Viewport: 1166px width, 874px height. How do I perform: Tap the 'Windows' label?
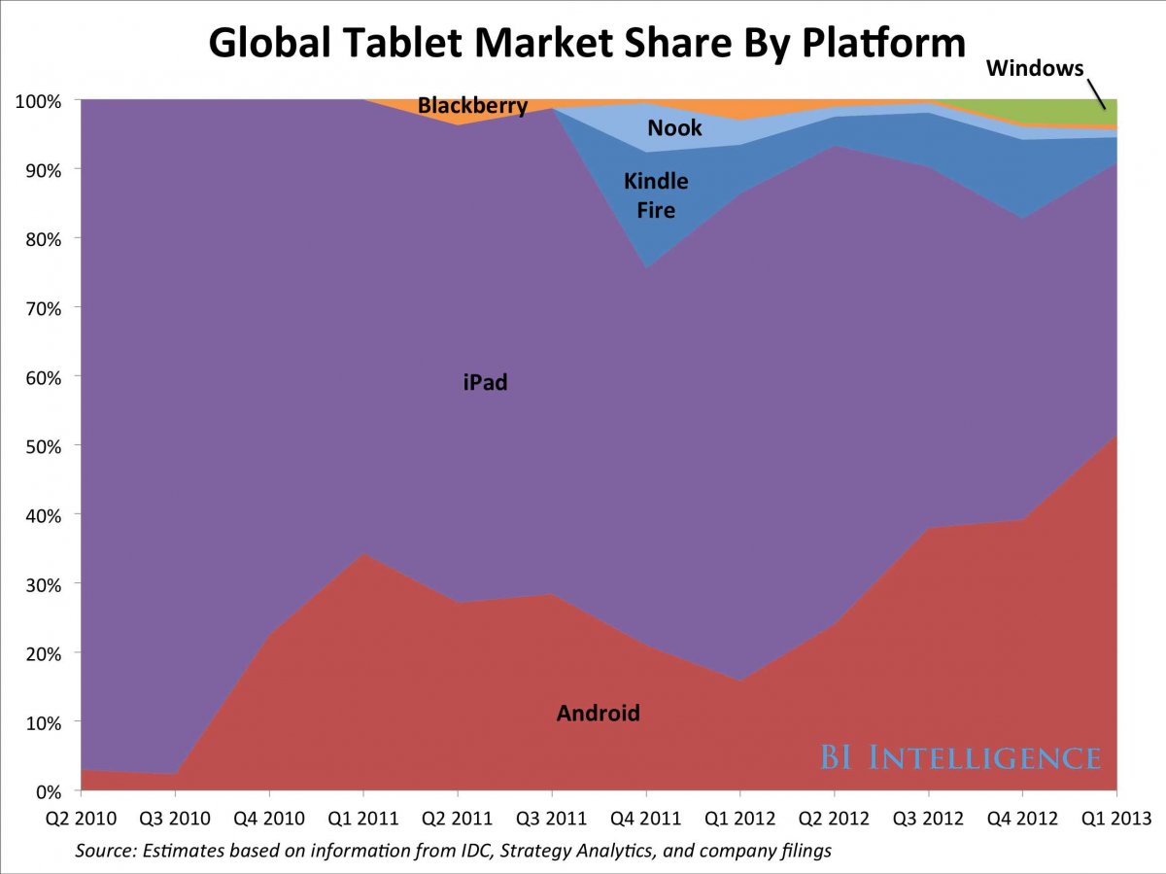click(1034, 69)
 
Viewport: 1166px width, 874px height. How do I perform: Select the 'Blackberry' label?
click(473, 106)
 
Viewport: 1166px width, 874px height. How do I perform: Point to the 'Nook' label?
click(674, 128)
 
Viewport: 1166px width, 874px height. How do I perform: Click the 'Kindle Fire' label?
click(656, 194)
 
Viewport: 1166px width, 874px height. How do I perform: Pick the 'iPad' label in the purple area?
click(485, 383)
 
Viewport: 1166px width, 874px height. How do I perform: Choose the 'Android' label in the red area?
click(598, 714)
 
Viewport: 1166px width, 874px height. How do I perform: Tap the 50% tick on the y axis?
click(43, 446)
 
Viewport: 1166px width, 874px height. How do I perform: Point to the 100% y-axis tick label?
click(39, 100)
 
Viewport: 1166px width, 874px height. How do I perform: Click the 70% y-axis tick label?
click(43, 308)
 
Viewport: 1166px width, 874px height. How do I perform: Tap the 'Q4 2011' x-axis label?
click(646, 818)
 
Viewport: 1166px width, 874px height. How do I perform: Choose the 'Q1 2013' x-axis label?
click(1116, 818)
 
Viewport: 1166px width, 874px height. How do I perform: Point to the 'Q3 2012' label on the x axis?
click(928, 818)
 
